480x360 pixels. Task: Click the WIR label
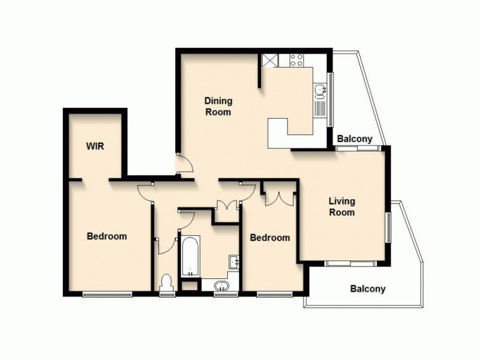click(95, 146)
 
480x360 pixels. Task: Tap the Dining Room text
click(218, 106)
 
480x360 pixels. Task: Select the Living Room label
click(341, 206)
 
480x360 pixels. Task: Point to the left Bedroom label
click(107, 236)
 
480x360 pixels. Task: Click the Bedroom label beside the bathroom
click(269, 238)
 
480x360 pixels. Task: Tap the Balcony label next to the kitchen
click(355, 139)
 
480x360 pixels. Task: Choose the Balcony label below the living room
click(368, 289)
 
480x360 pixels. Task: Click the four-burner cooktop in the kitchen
click(296, 60)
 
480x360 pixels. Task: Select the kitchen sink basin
click(320, 91)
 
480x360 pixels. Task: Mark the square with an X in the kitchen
click(269, 60)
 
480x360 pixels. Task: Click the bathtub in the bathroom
click(189, 257)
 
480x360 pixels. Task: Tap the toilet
click(167, 282)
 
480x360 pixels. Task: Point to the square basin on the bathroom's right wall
click(234, 262)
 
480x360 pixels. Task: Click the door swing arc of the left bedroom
click(145, 193)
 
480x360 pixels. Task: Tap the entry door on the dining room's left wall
click(184, 163)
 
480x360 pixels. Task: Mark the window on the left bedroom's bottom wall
click(107, 293)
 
